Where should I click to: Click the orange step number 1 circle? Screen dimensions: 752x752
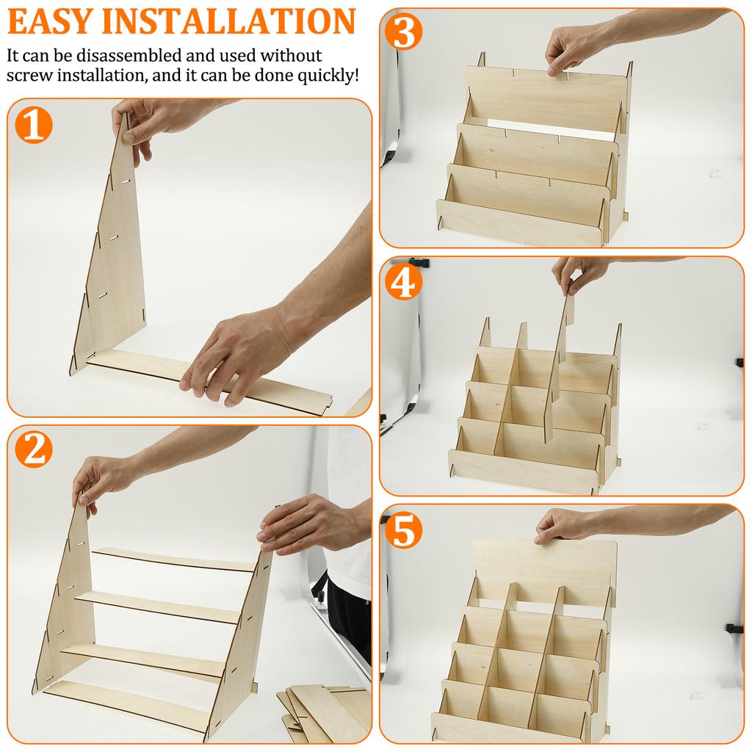tap(33, 126)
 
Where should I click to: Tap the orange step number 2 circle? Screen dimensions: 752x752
tap(33, 450)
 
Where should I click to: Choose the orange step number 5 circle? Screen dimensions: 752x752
tap(403, 530)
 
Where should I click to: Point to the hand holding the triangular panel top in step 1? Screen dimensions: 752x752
tap(151, 121)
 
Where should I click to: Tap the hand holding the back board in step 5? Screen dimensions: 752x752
tap(565, 526)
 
